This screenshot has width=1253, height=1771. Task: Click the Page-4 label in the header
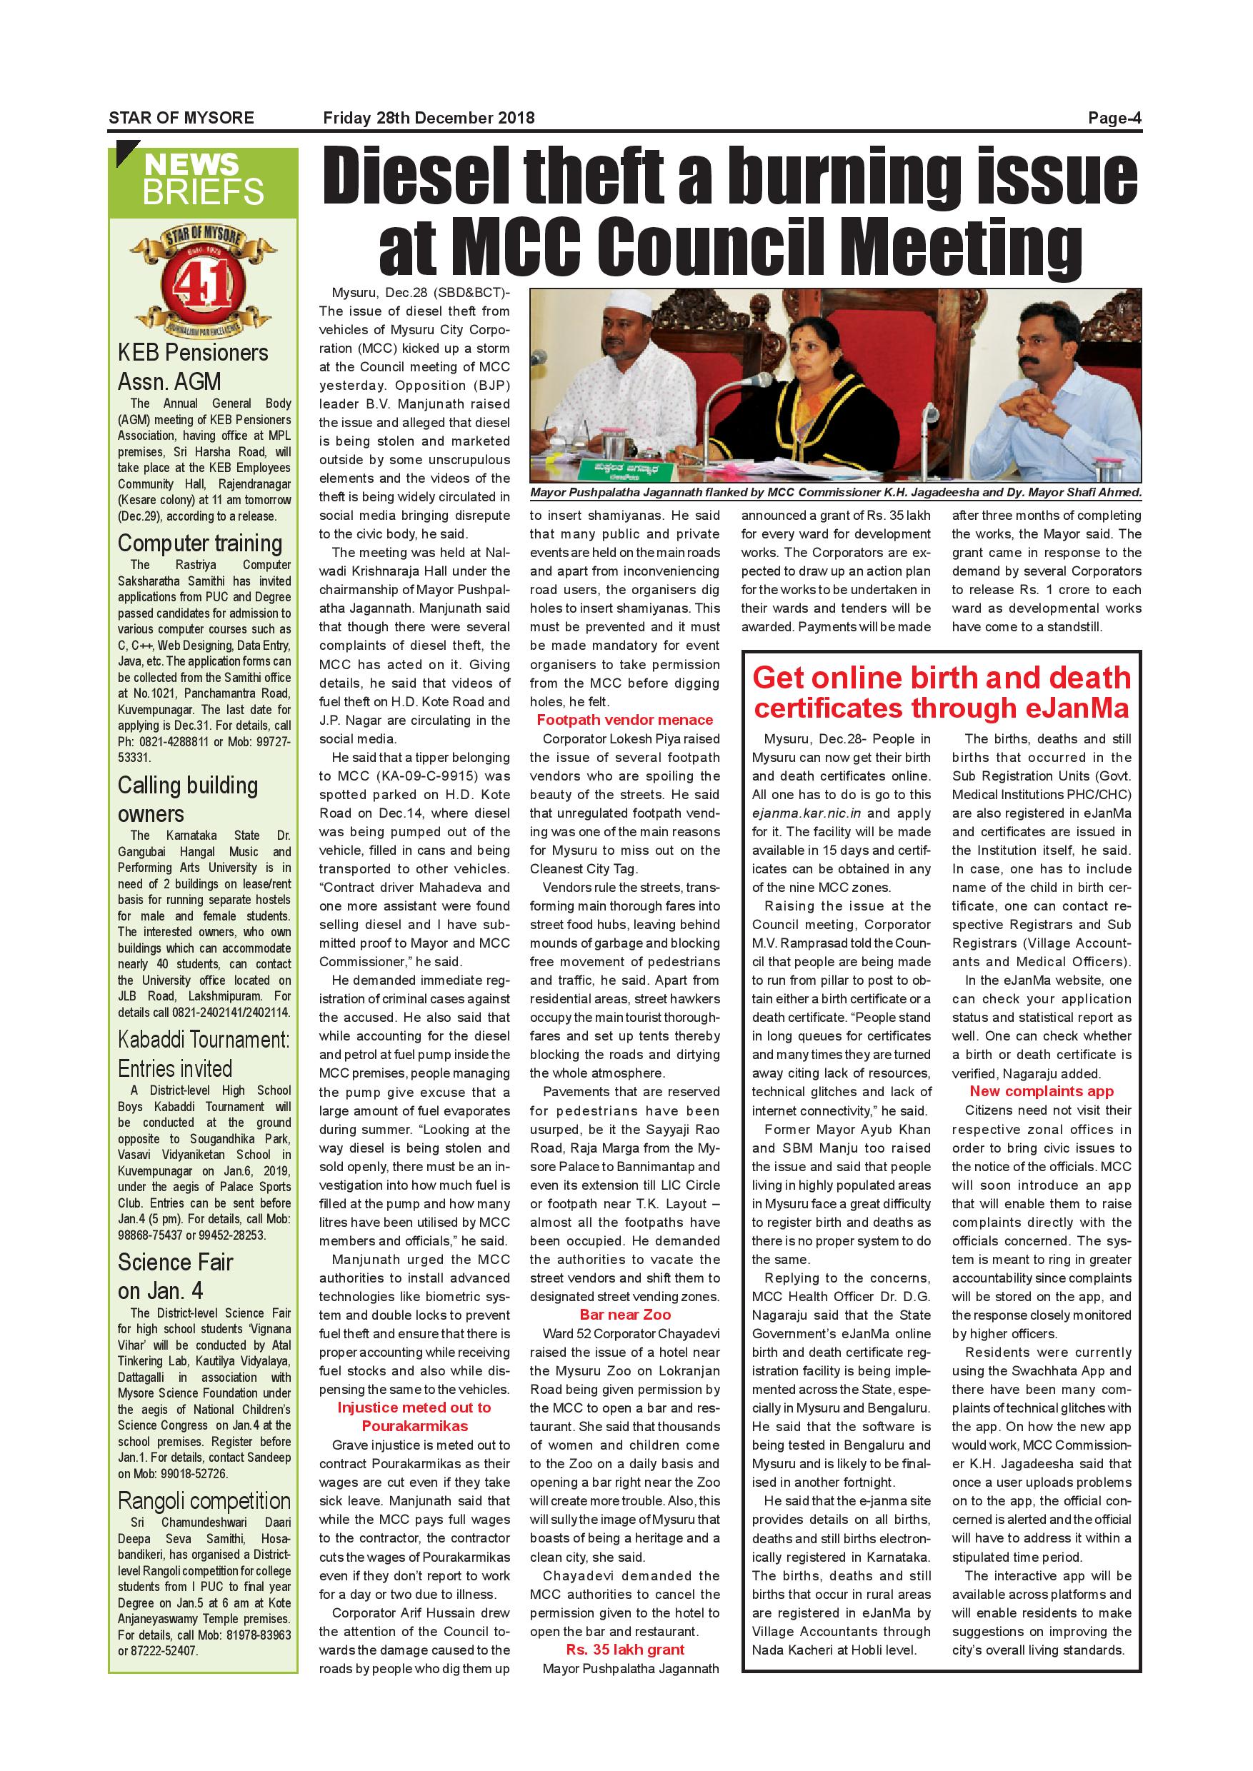pyautogui.click(x=1114, y=118)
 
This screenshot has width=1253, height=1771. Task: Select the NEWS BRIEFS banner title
pyautogui.click(x=203, y=179)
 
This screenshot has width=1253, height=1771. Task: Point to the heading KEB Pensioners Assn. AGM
pyautogui.click(x=193, y=367)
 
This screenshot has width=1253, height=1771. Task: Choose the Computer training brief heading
pyautogui.click(x=200, y=543)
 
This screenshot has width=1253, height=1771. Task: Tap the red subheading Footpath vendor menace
pyautogui.click(x=625, y=720)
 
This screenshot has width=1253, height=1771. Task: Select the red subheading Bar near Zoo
pyautogui.click(x=625, y=1315)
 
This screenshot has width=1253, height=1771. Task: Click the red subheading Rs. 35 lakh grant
pyautogui.click(x=625, y=1650)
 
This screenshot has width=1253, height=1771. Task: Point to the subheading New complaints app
pyautogui.click(x=1042, y=1090)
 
